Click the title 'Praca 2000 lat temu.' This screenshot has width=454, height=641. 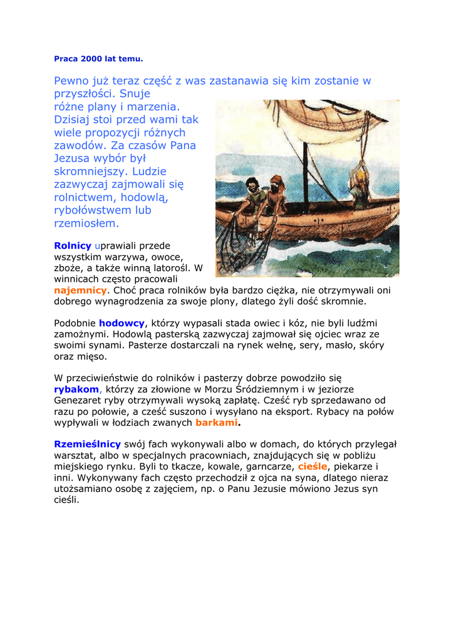(98, 59)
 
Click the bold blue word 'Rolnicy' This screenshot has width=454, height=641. (73, 246)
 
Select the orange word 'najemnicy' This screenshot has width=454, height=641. (80, 290)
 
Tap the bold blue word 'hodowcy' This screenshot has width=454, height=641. (121, 323)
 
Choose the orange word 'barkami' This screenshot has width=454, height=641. (217, 423)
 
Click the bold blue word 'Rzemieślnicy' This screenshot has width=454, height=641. (87, 444)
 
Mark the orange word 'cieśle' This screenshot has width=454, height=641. (312, 466)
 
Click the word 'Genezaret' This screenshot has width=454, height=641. (80, 399)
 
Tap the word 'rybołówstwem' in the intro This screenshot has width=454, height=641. (93, 210)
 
